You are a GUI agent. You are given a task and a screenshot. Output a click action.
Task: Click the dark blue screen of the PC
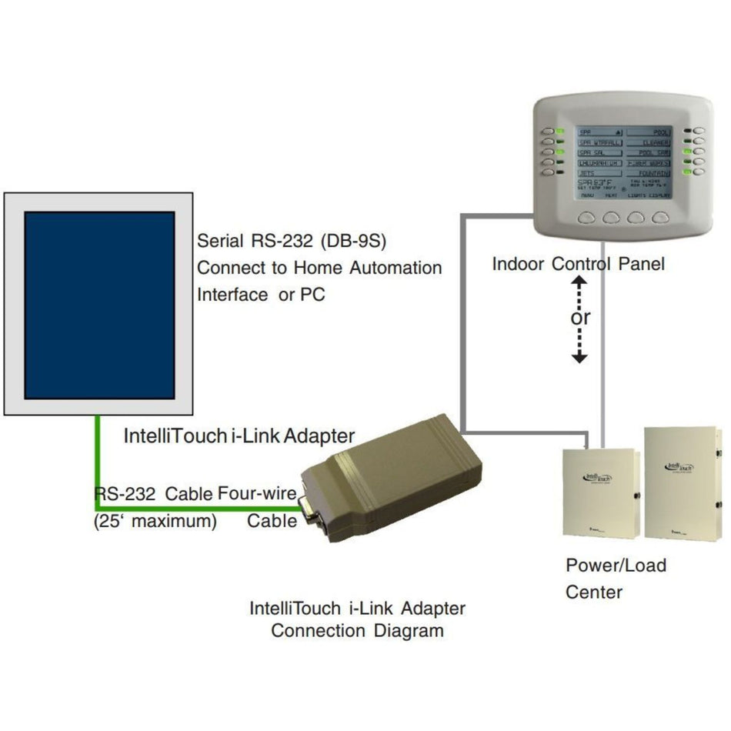(99, 305)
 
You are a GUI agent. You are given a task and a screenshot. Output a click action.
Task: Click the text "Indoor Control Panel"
(578, 265)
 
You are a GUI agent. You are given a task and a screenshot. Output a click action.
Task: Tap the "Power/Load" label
(616, 566)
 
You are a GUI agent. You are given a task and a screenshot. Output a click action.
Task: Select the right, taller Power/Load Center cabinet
(682, 482)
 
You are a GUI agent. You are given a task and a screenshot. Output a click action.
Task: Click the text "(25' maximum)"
(155, 522)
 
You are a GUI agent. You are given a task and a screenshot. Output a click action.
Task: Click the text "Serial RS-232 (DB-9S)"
(291, 241)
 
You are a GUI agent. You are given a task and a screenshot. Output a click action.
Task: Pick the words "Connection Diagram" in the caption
(357, 631)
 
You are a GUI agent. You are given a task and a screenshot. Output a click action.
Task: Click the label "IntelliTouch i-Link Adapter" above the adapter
(239, 436)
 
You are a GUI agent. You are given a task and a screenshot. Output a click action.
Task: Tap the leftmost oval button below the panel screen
(587, 218)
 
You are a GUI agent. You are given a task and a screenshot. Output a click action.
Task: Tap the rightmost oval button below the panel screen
(660, 218)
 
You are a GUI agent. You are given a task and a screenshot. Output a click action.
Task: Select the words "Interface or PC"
(262, 295)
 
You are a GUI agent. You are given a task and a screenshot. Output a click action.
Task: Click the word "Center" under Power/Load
(594, 592)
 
